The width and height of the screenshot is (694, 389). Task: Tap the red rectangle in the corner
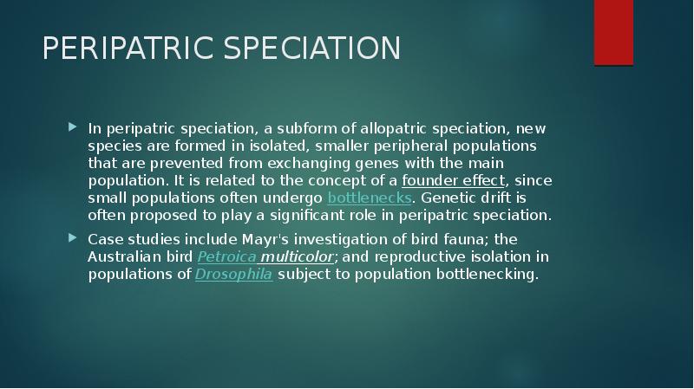click(x=613, y=32)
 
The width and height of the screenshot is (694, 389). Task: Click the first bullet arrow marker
click(x=73, y=127)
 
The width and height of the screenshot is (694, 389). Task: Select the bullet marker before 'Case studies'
click(x=73, y=237)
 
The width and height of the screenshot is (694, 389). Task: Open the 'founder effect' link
click(x=454, y=180)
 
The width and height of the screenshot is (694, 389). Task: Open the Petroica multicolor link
click(x=248, y=257)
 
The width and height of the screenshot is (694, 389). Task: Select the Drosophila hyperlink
click(x=233, y=275)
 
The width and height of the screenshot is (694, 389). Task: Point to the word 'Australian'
click(x=123, y=257)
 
